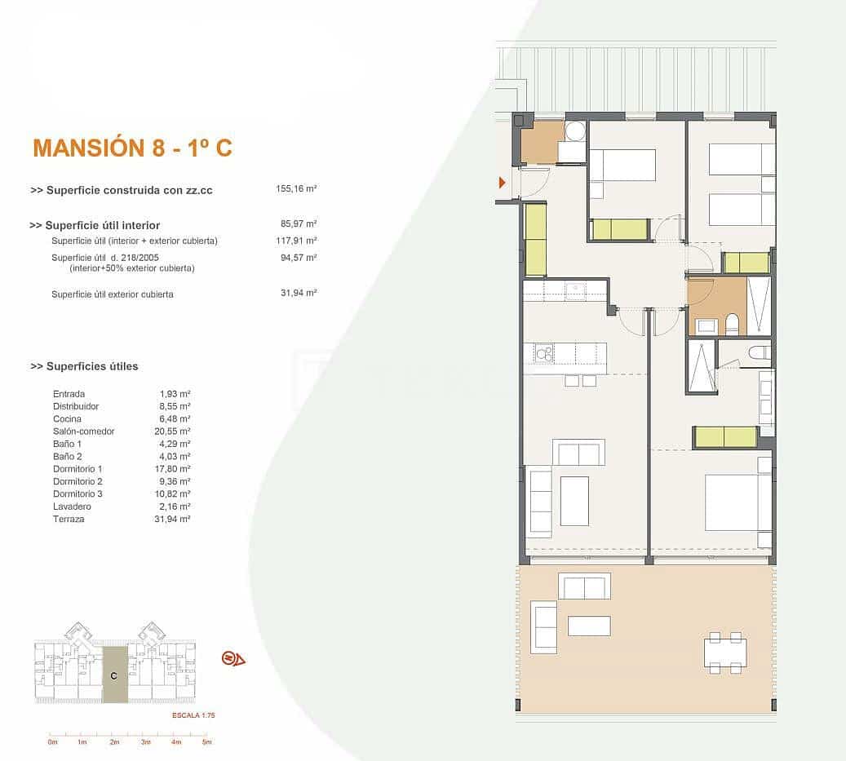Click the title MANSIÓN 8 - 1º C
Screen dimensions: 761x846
tap(132, 148)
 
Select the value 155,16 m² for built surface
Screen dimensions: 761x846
tap(296, 188)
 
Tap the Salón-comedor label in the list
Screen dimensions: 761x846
tap(84, 431)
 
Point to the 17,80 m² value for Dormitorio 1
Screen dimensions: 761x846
tap(175, 469)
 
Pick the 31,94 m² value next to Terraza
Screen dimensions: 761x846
tap(175, 519)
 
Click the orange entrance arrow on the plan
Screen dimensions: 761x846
tap(503, 183)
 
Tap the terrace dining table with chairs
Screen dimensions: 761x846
tap(725, 653)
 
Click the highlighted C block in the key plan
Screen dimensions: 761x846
tap(114, 675)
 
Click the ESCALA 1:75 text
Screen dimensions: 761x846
tap(193, 715)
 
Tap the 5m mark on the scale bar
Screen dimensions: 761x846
tap(207, 742)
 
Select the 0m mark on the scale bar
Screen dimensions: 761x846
tap(52, 742)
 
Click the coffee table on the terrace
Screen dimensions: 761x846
tap(589, 626)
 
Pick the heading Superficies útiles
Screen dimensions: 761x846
tap(84, 366)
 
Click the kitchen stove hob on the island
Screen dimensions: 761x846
tap(543, 352)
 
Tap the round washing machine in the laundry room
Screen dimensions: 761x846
tap(575, 131)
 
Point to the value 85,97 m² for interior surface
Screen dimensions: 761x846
tap(298, 223)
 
